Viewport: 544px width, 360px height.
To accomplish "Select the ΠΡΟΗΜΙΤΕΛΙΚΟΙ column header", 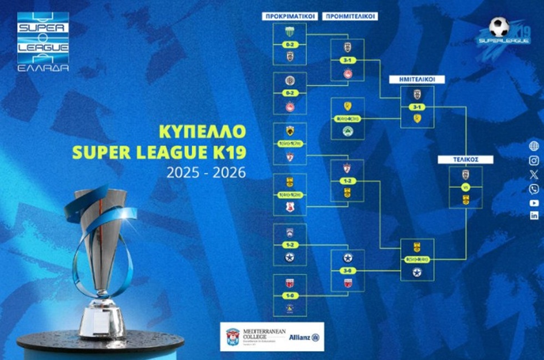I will coord(350,16).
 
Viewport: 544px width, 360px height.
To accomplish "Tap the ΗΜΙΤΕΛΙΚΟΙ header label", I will coord(424,79).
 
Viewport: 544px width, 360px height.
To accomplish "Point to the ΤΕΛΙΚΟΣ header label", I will coord(465,159).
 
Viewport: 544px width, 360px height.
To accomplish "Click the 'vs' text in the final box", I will coord(465,187).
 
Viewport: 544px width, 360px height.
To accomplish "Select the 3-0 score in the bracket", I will coord(347,271).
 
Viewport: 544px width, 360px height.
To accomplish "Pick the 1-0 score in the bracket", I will coord(289,295).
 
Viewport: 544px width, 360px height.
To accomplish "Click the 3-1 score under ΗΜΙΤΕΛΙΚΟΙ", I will coord(417,107).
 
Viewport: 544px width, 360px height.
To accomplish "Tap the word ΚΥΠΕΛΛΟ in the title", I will coord(202,132).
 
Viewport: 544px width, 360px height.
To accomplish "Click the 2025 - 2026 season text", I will coord(206,173).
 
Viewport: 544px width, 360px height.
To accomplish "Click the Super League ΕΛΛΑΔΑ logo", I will coord(43,41).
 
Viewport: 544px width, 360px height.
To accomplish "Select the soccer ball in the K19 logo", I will coord(499,26).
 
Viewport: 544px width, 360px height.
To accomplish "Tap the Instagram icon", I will coord(533,161).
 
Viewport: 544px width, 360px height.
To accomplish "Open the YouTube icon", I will coord(534,203).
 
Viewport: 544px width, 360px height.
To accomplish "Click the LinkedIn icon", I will coord(534,216).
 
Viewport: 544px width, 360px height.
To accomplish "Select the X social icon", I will coord(534,174).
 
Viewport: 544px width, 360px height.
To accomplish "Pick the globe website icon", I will coord(534,146).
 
